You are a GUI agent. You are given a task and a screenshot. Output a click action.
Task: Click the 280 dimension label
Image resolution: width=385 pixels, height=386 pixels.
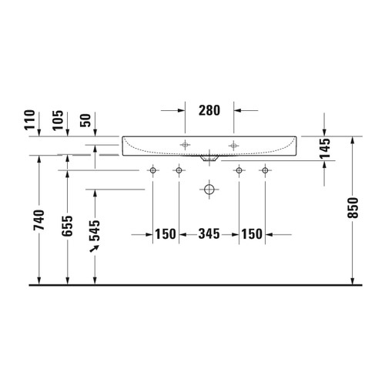[209, 109]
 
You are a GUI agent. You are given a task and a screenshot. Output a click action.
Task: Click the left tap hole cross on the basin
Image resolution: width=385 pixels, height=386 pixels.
[185, 145]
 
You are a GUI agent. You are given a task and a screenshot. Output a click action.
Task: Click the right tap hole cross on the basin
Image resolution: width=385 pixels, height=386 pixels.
[233, 145]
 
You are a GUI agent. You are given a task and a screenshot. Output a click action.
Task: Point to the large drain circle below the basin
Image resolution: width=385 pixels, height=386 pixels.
[209, 188]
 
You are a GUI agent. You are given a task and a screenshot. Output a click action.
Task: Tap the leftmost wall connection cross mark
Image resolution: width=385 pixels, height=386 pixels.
[152, 170]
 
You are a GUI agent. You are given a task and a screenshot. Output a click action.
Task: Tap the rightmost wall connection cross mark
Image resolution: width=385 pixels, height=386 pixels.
[265, 170]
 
